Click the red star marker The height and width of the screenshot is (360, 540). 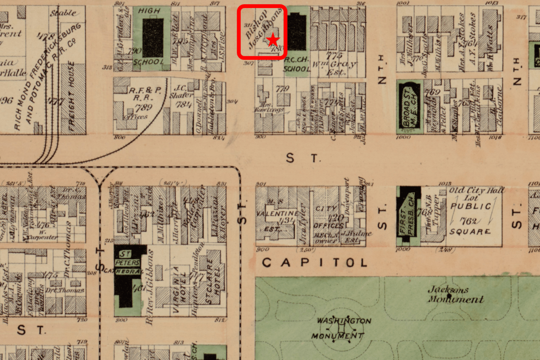click(272, 41)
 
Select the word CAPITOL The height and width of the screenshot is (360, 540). click(315, 262)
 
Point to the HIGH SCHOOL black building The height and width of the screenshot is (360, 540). click(153, 37)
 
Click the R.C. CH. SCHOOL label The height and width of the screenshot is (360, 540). click(297, 68)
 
